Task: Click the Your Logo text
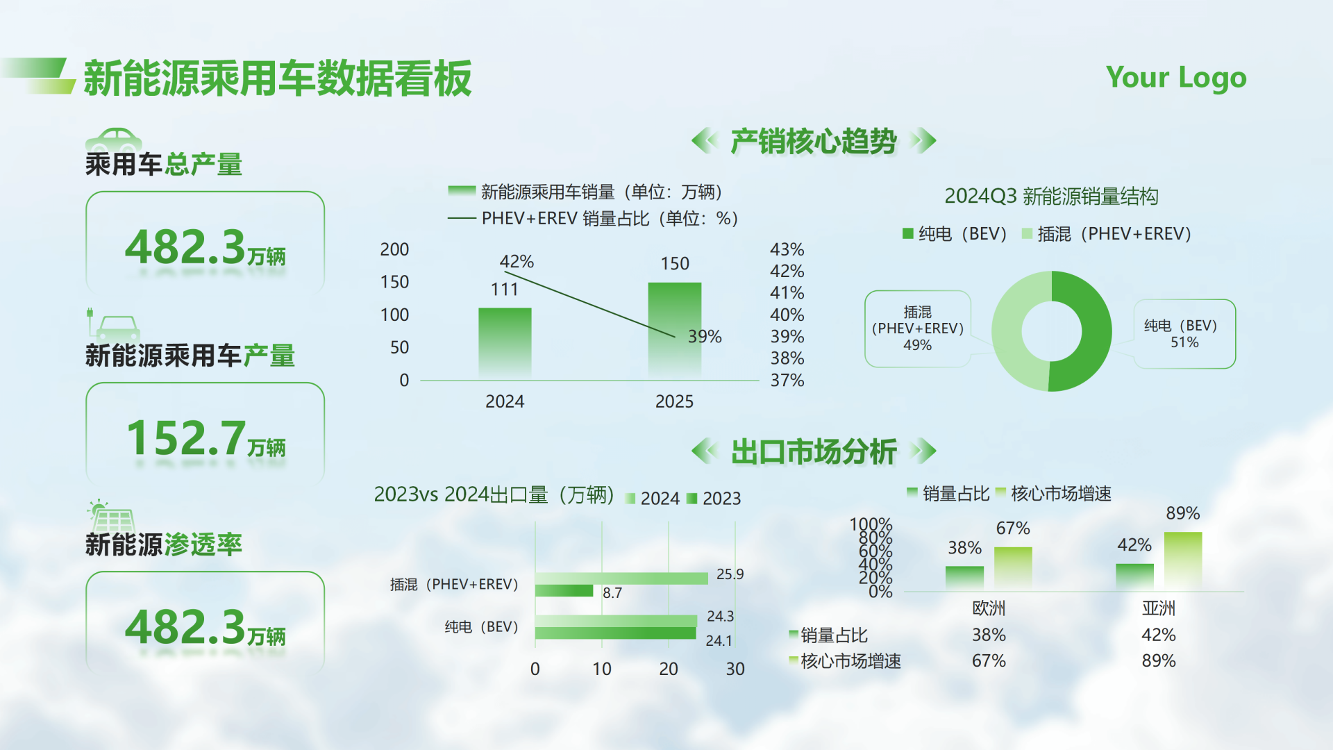[x=1176, y=78]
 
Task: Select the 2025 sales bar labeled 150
[x=674, y=330]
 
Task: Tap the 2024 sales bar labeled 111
[x=505, y=343]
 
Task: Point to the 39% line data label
[x=705, y=337]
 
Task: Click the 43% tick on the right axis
[x=787, y=249]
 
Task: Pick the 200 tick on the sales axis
[x=394, y=249]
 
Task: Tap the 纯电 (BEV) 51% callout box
[x=1184, y=334]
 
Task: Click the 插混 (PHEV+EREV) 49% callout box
[x=917, y=328]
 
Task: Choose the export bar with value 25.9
[x=621, y=578]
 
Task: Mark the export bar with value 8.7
[x=564, y=591]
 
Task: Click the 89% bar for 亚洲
[x=1182, y=560]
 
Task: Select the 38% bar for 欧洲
[x=964, y=578]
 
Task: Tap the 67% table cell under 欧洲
[x=989, y=661]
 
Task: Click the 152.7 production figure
[x=186, y=438]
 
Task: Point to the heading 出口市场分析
[x=814, y=451]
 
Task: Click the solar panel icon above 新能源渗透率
[x=111, y=517]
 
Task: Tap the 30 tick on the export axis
[x=735, y=669]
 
